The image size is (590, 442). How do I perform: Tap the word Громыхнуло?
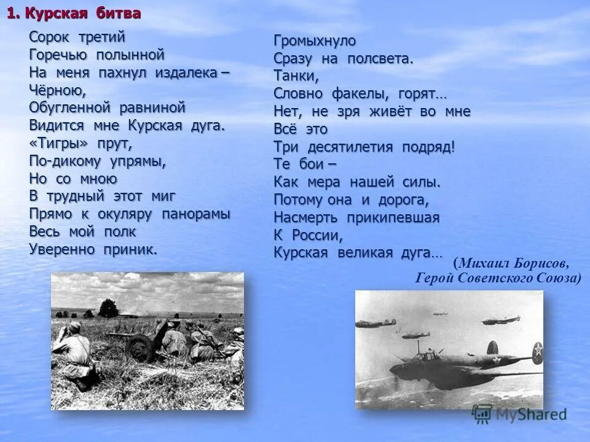315,41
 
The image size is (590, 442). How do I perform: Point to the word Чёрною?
57,90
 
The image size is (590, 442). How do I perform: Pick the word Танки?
296,77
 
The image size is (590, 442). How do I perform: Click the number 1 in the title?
12,14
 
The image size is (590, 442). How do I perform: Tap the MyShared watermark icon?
482,414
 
